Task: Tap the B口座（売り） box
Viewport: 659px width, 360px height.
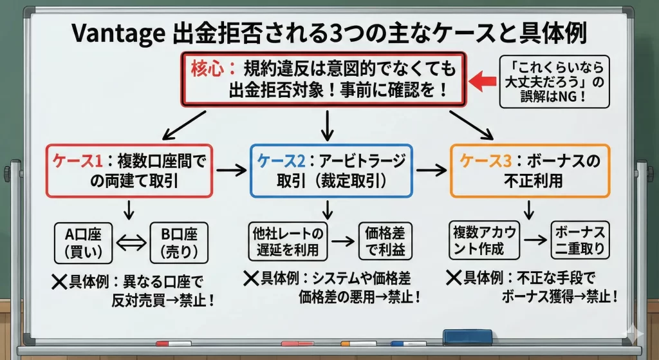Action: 177,242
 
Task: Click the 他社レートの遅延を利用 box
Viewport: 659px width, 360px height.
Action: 288,240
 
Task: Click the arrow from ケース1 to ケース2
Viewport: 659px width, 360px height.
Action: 231,171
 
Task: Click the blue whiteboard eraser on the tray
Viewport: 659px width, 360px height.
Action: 468,337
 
